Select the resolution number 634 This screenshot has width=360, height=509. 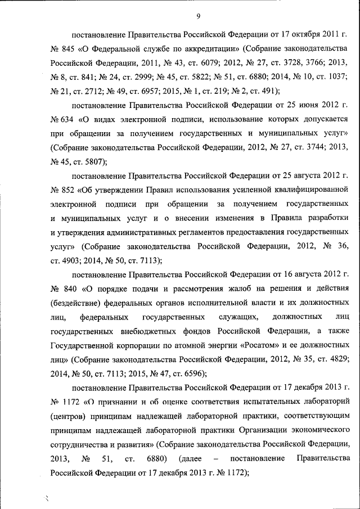click(x=69, y=119)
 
